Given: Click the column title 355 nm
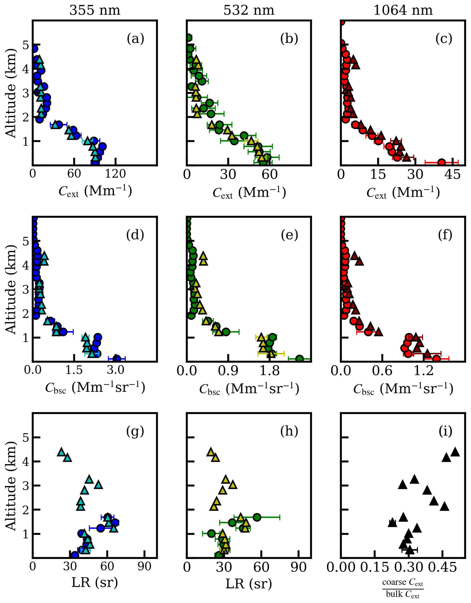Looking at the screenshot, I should [95, 10].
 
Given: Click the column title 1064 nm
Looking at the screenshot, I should [403, 10].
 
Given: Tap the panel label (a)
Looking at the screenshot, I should [135, 38].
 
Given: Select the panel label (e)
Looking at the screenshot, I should [289, 235].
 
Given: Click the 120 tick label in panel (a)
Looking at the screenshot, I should [115, 174].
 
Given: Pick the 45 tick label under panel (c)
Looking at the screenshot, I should [453, 175].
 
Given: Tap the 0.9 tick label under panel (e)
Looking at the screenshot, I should [228, 371].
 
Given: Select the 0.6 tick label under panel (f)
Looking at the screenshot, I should [382, 371].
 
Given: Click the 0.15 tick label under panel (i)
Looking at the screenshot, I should [375, 567].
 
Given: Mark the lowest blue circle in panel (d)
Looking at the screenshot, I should [117, 358].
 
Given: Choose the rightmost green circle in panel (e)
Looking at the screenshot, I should [299, 359].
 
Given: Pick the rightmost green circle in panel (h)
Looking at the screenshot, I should [257, 517].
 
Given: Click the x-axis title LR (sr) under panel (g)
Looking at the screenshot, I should [95, 583].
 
